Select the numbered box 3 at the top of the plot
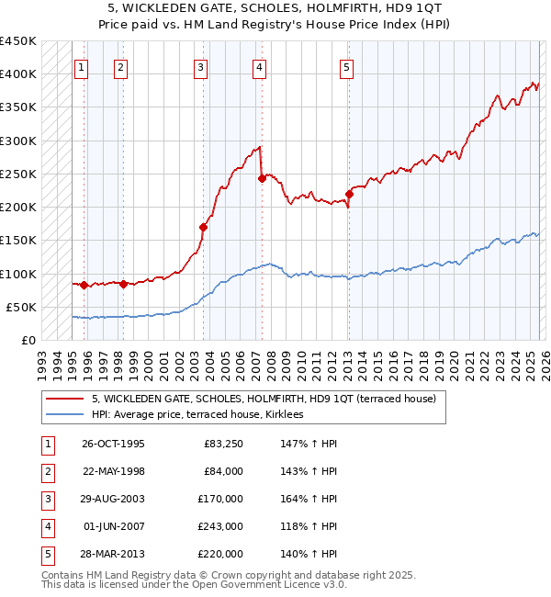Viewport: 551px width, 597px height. [x=201, y=67]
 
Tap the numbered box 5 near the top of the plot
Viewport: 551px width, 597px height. [x=346, y=67]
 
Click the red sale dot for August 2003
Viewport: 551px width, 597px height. [x=203, y=227]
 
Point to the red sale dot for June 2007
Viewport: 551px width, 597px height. [x=262, y=179]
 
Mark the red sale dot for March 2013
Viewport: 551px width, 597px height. [x=349, y=194]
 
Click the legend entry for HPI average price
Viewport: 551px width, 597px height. [x=204, y=415]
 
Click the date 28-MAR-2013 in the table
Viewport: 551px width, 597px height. [x=113, y=555]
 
